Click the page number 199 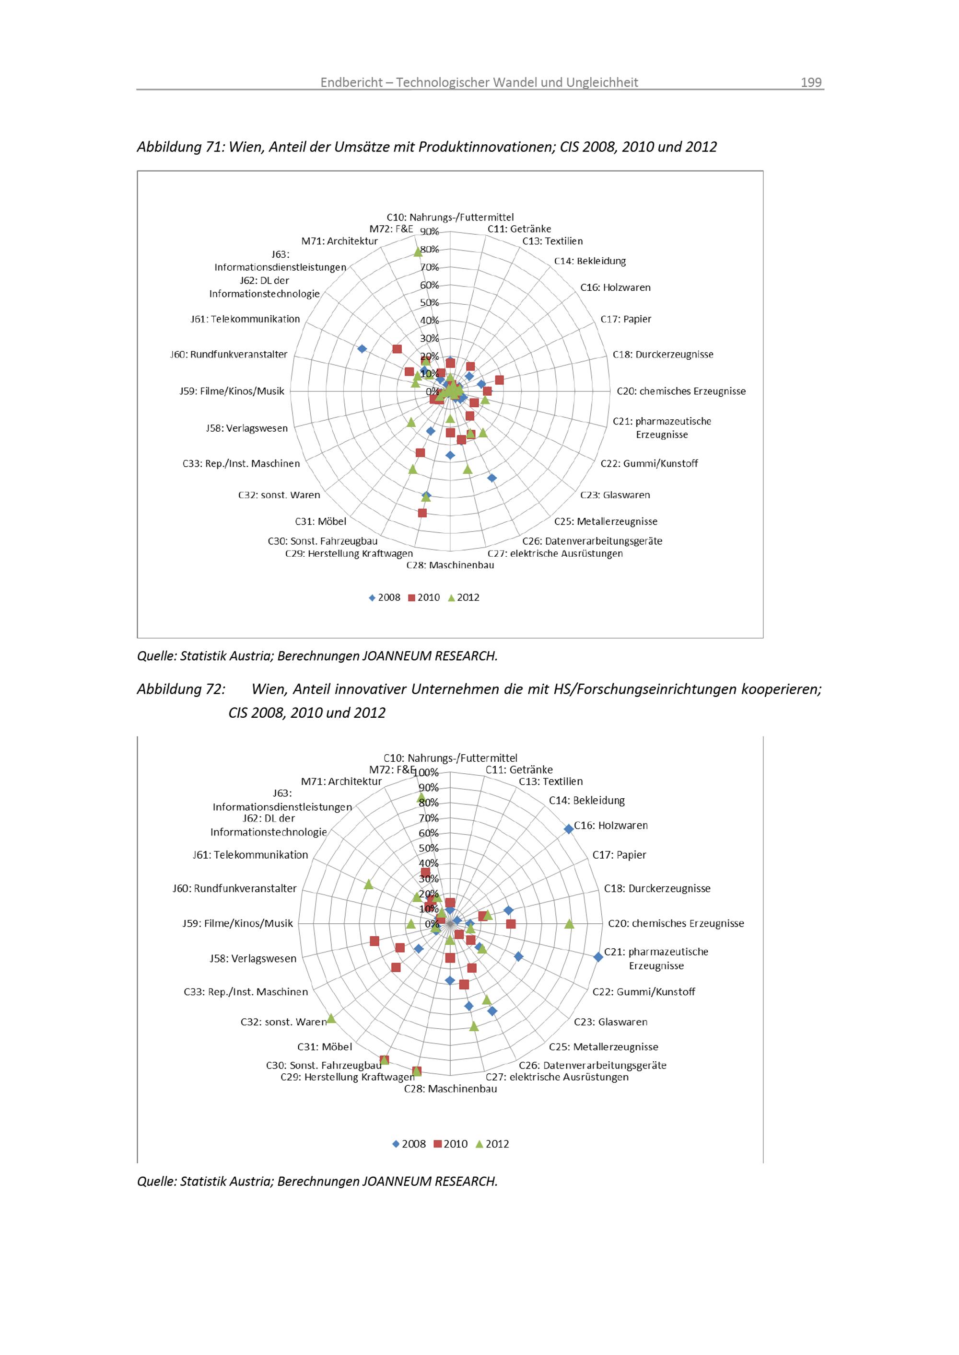click(x=811, y=82)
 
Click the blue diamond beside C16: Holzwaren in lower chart click(x=569, y=829)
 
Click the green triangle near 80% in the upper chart click(x=418, y=252)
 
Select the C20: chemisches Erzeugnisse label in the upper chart click(x=681, y=391)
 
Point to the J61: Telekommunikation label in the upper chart click(x=245, y=319)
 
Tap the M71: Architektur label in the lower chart click(x=341, y=781)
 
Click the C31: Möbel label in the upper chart click(x=321, y=522)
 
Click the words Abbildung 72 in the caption click(x=181, y=689)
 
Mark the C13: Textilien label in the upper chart click(x=552, y=241)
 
